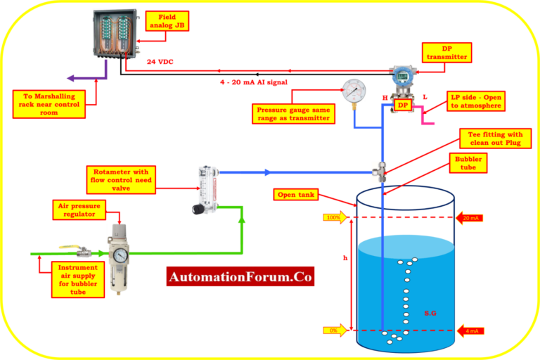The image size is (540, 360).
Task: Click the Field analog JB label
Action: [x=168, y=21]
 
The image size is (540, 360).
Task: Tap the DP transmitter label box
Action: [x=446, y=52]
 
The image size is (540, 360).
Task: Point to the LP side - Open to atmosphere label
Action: [x=475, y=101]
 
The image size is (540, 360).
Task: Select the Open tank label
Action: [x=297, y=194]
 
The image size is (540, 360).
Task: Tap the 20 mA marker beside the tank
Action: [x=470, y=218]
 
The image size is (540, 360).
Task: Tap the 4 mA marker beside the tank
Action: [x=470, y=330]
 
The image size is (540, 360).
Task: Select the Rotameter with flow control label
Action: [x=121, y=179]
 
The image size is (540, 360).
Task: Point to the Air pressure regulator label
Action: [x=79, y=210]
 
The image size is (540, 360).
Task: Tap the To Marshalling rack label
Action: [x=49, y=103]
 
